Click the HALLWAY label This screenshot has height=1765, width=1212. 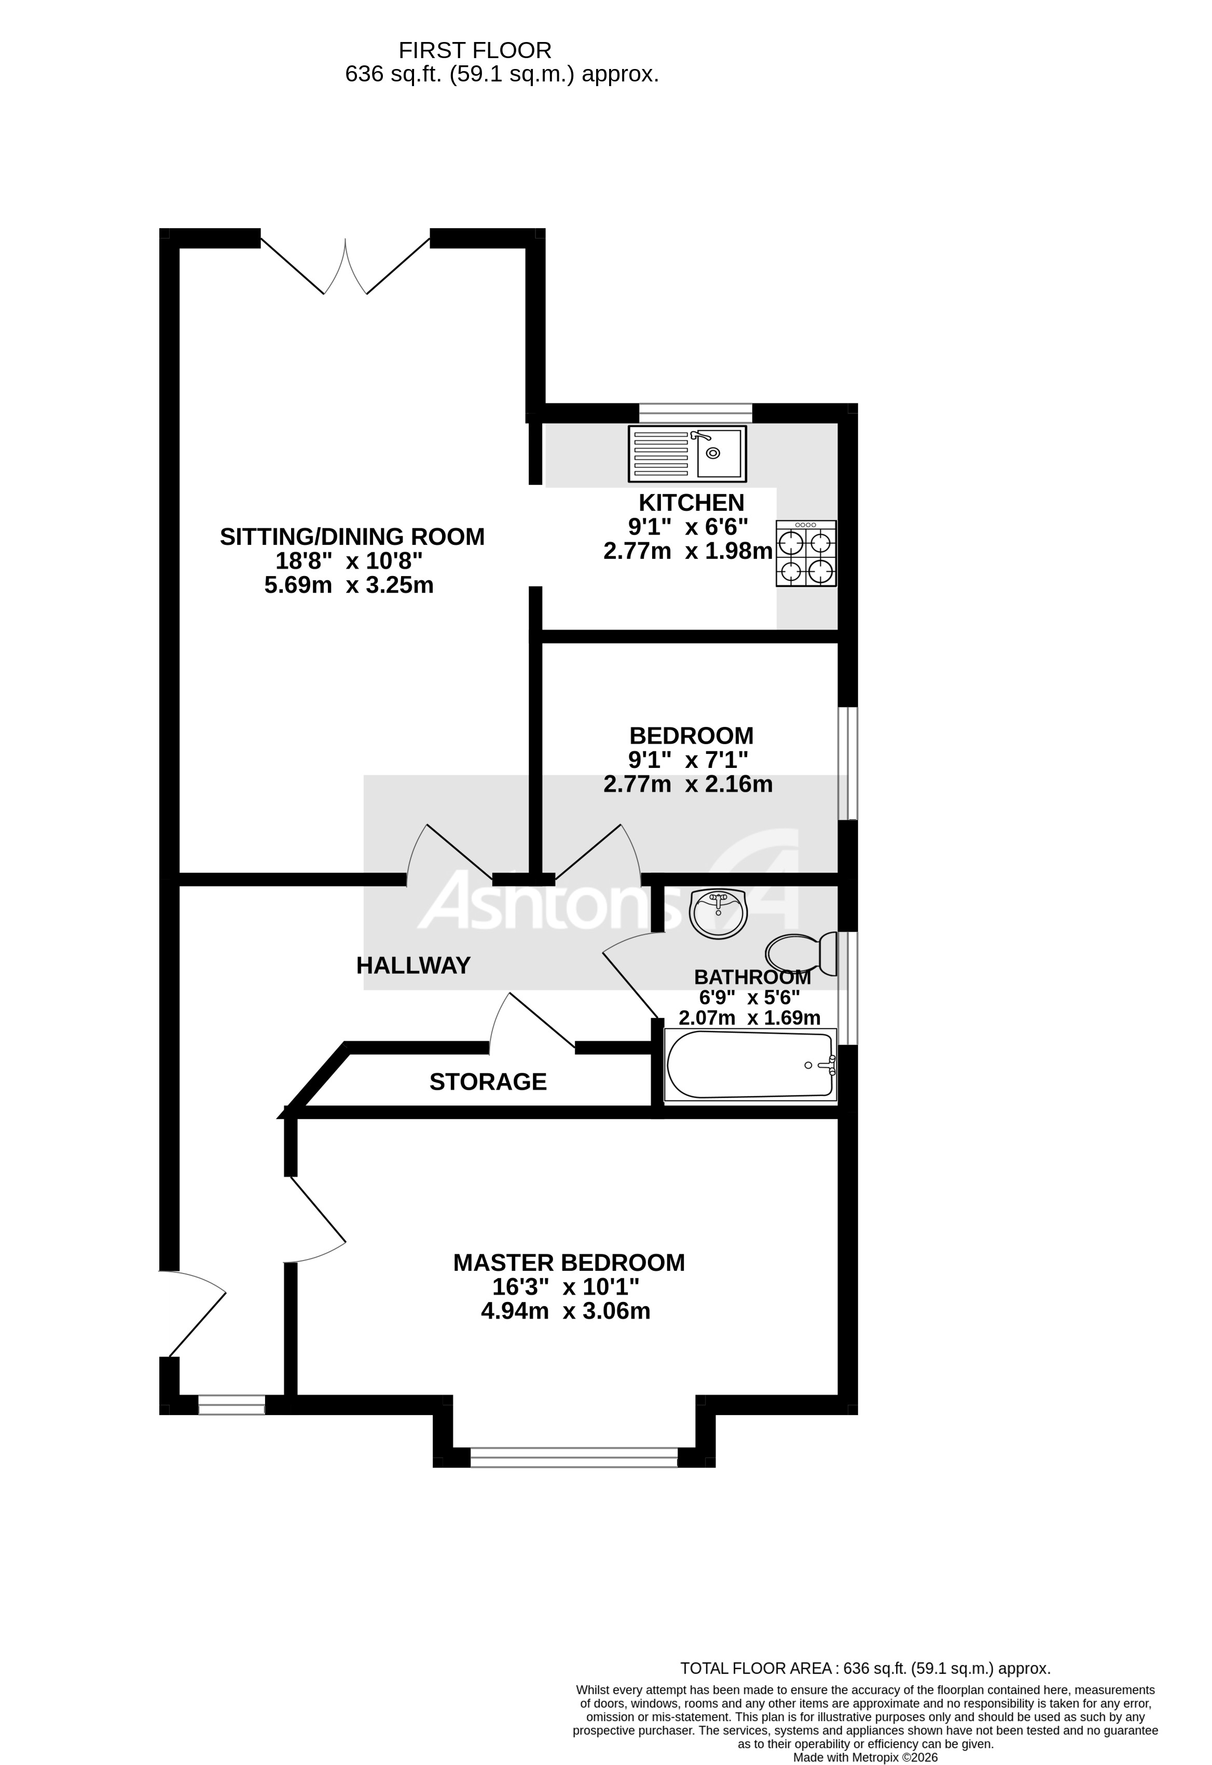pos(414,965)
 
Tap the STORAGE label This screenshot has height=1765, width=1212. pos(488,1082)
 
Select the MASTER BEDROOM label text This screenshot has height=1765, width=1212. pos(569,1262)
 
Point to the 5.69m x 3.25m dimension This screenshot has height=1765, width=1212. pos(349,585)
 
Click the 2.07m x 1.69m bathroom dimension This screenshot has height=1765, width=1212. pos(749,1018)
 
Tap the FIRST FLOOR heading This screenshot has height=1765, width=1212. pos(475,51)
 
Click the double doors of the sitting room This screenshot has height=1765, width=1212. pos(345,266)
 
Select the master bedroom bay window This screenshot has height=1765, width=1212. pos(574,1456)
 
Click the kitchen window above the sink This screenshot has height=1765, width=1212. pos(695,413)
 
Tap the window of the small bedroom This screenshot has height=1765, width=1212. pos(847,763)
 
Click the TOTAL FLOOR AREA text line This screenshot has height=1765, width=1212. pos(865,1669)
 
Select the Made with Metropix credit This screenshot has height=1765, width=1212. pos(865,1757)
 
